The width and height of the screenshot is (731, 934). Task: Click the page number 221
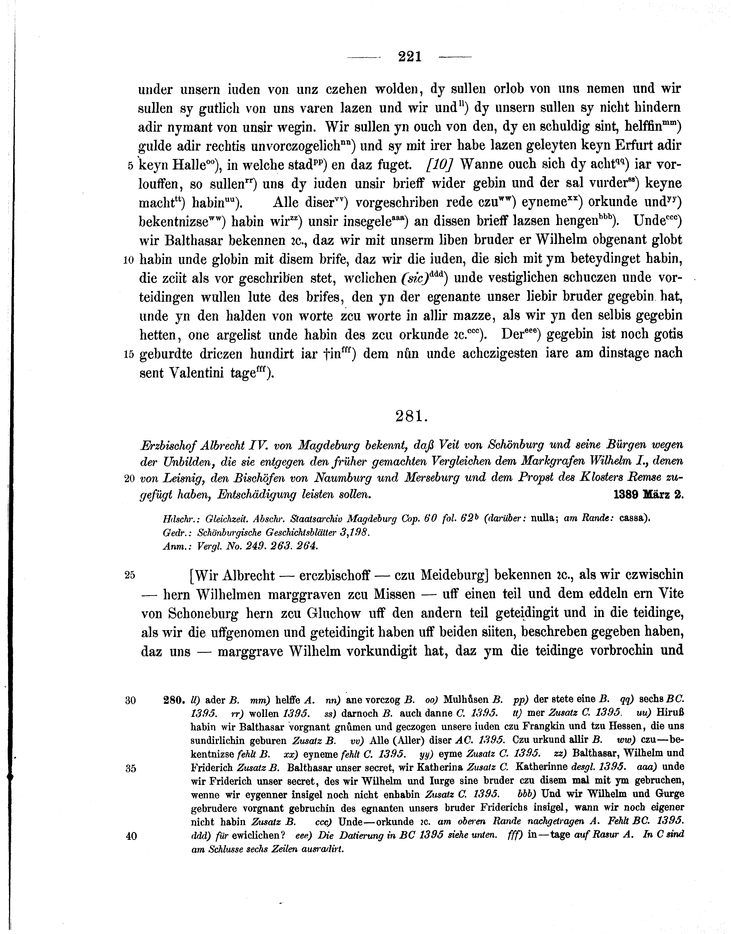(x=410, y=57)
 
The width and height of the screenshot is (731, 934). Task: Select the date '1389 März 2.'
(x=648, y=494)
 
